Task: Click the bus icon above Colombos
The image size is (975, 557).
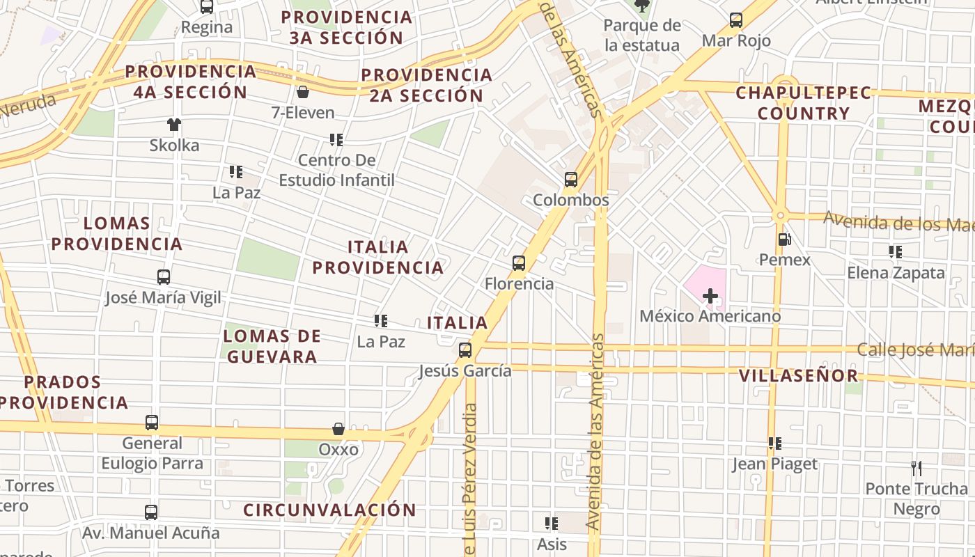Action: tap(571, 180)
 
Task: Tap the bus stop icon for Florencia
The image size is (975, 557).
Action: tap(519, 263)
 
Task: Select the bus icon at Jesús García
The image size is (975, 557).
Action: tap(465, 350)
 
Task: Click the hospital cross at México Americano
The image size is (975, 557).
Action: tap(710, 296)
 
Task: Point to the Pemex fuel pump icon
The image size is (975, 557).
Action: tap(784, 240)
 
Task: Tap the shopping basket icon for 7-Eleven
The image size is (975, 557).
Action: tap(303, 92)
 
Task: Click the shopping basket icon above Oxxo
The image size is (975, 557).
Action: tap(338, 429)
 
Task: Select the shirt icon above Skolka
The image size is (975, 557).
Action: tap(173, 125)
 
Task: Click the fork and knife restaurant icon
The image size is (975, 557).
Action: tap(916, 468)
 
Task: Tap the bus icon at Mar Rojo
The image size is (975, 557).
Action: tap(736, 20)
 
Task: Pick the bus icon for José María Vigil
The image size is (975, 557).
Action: tap(164, 277)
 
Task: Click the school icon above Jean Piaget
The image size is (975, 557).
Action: tap(774, 443)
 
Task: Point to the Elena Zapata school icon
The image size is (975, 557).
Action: tap(896, 252)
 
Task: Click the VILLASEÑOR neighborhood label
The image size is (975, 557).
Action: tap(798, 376)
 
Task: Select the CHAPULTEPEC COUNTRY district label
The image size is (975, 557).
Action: tap(804, 103)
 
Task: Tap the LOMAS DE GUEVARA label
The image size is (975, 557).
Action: tap(272, 346)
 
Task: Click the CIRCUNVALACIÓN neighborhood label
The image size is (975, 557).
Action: tap(329, 510)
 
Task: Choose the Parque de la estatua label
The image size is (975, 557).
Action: tap(641, 36)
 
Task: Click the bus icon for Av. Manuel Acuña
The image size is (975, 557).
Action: tap(151, 512)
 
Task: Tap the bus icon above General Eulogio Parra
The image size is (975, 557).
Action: tap(152, 423)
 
